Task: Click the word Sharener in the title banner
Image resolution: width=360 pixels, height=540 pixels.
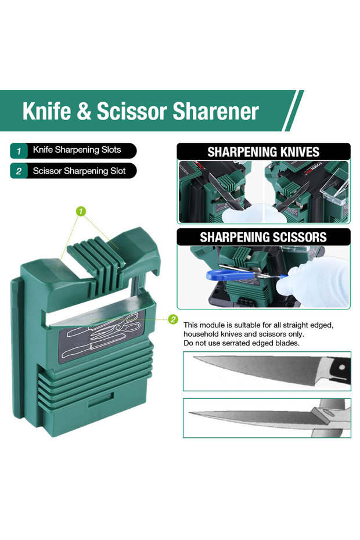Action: coord(215,111)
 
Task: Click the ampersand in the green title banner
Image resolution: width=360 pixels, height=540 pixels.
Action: coord(84,111)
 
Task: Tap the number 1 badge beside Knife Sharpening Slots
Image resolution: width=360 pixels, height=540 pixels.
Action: coord(19,150)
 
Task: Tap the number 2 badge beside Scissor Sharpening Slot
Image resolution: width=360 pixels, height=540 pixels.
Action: coord(19,171)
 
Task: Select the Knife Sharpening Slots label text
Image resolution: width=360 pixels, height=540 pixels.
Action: coord(77,150)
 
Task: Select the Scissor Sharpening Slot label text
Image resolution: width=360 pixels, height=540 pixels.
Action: coord(79,171)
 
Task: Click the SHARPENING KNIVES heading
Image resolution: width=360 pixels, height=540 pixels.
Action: coord(264,152)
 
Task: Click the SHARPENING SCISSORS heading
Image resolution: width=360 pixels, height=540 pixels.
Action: coord(264,237)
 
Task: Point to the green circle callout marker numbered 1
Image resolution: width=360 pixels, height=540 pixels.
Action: coord(81,211)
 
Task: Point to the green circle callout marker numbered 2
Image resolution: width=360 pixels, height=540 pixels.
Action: coord(173,319)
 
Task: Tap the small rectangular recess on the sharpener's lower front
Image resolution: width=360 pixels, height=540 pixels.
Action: coord(100,399)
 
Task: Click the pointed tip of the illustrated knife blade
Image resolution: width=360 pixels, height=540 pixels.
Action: coord(194,358)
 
